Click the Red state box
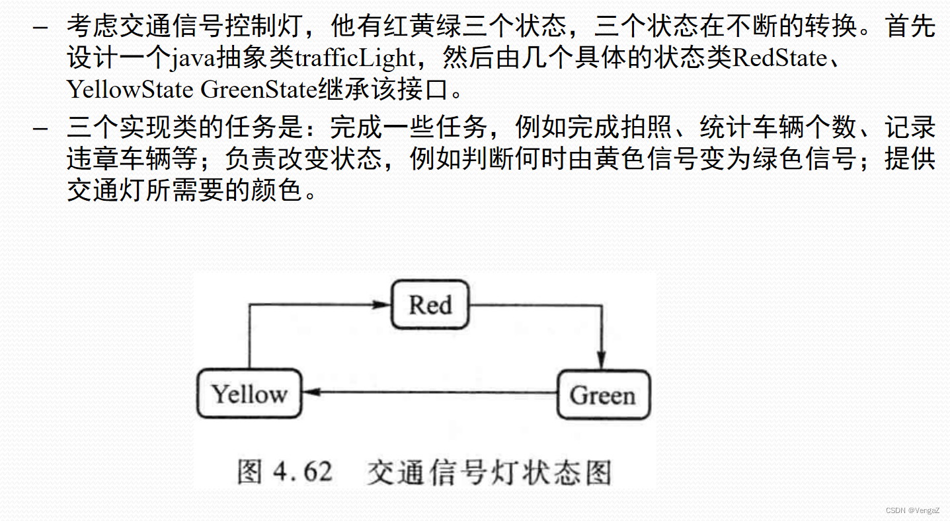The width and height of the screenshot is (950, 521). [430, 304]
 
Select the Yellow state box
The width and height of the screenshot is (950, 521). [249, 394]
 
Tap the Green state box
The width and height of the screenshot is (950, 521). [603, 395]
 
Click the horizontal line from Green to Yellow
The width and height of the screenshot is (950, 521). [430, 392]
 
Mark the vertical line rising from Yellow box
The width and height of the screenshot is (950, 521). [249, 337]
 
